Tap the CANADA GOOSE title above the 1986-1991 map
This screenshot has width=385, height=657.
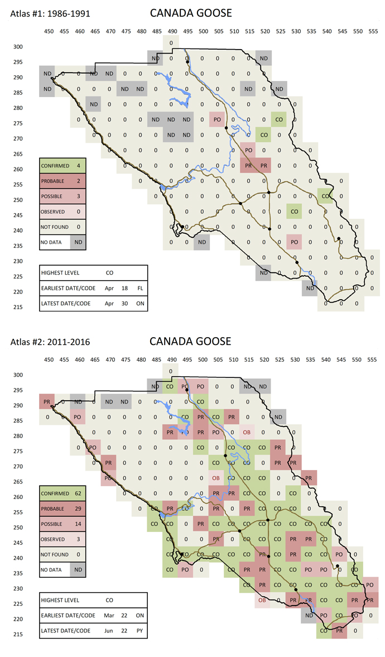pos(190,13)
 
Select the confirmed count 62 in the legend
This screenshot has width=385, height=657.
pos(79,493)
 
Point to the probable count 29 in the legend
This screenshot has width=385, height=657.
pos(79,509)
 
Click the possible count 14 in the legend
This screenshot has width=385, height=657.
pos(79,524)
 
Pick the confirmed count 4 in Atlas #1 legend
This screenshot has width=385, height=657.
pos(79,165)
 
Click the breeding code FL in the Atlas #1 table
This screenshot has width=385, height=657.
pos(141,289)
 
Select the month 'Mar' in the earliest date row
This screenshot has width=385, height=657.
pos(109,616)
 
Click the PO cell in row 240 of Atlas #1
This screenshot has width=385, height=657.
pos(293,241)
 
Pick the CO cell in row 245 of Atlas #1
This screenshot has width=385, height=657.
pos(293,211)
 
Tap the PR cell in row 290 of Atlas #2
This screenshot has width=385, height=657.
pos(48,401)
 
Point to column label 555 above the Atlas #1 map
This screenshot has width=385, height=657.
pos(371,31)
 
